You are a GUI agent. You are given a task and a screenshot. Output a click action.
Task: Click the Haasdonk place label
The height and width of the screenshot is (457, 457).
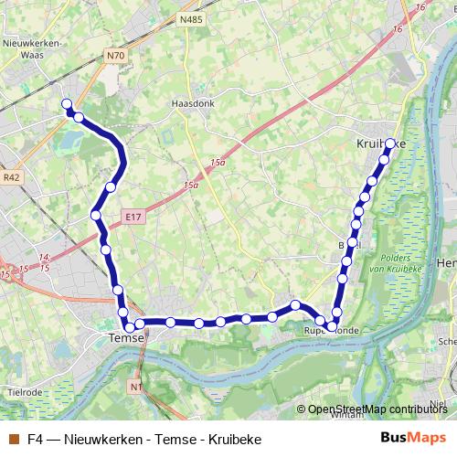tap(192, 103)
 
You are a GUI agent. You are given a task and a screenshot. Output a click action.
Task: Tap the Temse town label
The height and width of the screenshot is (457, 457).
tap(126, 337)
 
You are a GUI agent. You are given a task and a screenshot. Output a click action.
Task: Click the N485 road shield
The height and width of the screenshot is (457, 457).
tap(190, 19)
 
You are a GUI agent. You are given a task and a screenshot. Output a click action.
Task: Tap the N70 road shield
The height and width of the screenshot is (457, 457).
tap(115, 56)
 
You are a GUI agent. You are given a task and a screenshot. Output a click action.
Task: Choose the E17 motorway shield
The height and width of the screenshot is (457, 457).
tap(133, 217)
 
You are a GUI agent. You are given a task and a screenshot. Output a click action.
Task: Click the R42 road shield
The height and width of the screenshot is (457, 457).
tap(11, 177)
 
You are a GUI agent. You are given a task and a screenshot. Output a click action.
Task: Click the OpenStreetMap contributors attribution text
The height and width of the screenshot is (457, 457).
tap(377, 409)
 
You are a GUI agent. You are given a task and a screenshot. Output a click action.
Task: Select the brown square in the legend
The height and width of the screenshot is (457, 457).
tap(12, 439)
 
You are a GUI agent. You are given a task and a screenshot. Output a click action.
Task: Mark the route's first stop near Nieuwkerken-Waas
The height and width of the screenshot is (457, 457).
tap(66, 104)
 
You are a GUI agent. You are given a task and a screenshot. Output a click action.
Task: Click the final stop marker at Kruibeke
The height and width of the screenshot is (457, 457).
tap(390, 143)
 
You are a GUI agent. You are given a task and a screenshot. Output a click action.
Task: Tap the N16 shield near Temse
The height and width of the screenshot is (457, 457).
tap(135, 388)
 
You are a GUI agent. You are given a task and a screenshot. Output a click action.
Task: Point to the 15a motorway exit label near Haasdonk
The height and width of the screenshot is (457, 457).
tap(217, 163)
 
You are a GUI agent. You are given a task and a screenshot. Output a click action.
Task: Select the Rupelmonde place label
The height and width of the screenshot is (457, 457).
tap(327, 331)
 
